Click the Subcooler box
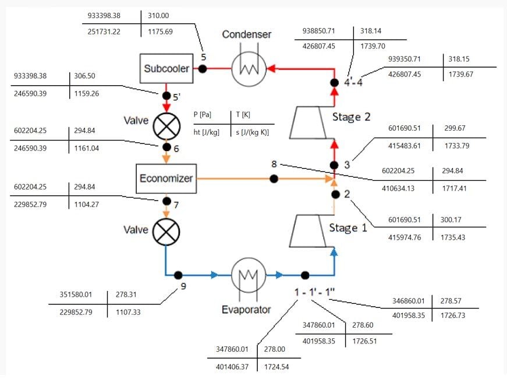coord(166,68)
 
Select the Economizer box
coord(166,178)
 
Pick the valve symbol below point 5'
coord(166,124)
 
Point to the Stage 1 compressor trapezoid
coord(310,232)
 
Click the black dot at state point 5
coord(203,69)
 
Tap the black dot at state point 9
coord(178,275)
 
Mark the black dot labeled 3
coord(335,164)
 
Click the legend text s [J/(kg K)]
coord(255,134)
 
